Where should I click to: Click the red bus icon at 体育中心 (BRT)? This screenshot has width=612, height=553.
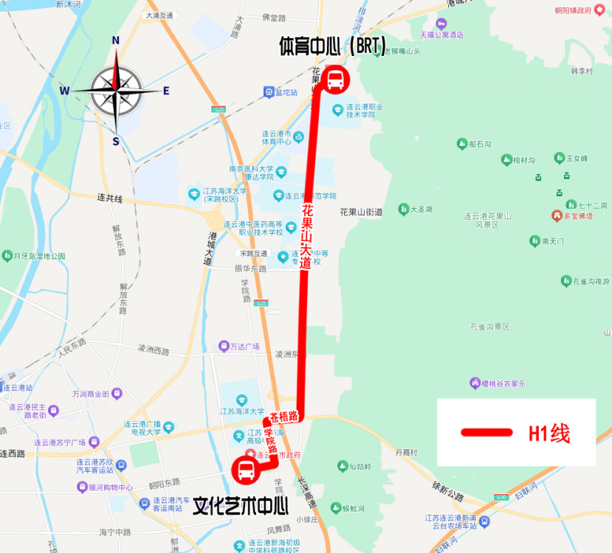pyautogui.click(x=334, y=80)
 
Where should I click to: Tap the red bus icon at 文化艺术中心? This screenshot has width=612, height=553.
pyautogui.click(x=245, y=469)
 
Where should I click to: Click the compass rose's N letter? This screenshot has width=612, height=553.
pyautogui.click(x=115, y=41)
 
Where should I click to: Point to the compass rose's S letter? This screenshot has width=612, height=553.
pyautogui.click(x=116, y=140)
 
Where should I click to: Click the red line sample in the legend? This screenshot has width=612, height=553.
pyautogui.click(x=486, y=433)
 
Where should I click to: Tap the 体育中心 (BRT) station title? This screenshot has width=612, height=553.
pyautogui.click(x=332, y=46)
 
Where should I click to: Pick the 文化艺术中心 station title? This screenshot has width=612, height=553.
pyautogui.click(x=240, y=506)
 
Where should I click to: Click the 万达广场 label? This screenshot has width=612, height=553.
pyautogui.click(x=244, y=346)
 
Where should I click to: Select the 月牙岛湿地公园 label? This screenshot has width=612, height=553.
pyautogui.click(x=39, y=256)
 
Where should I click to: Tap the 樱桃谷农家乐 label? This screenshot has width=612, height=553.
pyautogui.click(x=502, y=383)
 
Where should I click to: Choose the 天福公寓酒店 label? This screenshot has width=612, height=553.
pyautogui.click(x=441, y=34)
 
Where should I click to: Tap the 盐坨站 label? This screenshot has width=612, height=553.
pyautogui.click(x=286, y=92)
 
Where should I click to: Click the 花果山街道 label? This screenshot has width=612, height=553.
pyautogui.click(x=361, y=212)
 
